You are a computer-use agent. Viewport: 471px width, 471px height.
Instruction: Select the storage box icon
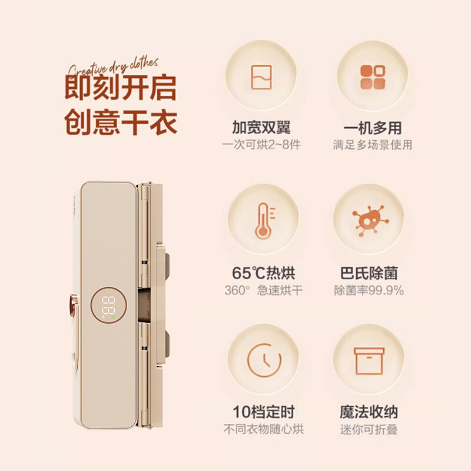pos(369,359)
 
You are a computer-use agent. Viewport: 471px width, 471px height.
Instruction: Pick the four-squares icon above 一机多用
pos(369,77)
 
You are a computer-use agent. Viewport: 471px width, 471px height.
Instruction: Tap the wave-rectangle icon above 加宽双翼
pos(261,77)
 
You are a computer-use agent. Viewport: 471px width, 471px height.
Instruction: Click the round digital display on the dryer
pos(109,305)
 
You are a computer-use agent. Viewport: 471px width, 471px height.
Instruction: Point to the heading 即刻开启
pos(120,87)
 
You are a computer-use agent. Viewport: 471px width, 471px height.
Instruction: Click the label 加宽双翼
pos(261,128)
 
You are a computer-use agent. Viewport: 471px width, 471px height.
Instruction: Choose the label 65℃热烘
pos(263,273)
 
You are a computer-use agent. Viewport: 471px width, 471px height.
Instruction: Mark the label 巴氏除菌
pos(369,273)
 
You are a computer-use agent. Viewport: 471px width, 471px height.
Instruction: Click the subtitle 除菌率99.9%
pos(369,290)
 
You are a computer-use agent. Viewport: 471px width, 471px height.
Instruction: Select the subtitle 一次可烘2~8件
pos(261,145)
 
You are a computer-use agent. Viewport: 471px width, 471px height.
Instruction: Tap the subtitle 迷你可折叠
pos(369,429)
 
